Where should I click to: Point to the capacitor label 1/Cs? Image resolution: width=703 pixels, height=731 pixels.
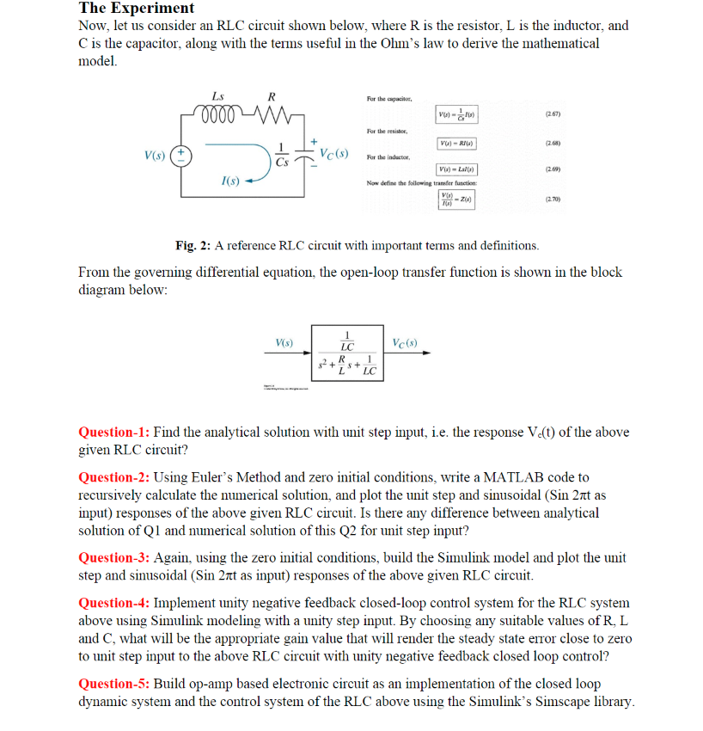click(283, 155)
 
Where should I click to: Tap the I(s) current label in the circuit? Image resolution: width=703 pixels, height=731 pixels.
click(229, 181)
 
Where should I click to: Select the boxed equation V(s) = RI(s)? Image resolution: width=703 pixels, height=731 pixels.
click(457, 143)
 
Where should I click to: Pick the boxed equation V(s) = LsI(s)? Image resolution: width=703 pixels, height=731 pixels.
click(457, 170)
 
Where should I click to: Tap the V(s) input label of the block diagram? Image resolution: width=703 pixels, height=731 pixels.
click(284, 342)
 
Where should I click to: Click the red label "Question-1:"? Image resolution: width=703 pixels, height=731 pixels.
click(114, 432)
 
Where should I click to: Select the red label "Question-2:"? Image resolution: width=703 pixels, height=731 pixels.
click(114, 476)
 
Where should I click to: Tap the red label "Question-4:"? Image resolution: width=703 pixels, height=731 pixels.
click(114, 603)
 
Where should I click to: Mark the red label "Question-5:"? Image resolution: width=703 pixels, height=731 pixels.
click(114, 684)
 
